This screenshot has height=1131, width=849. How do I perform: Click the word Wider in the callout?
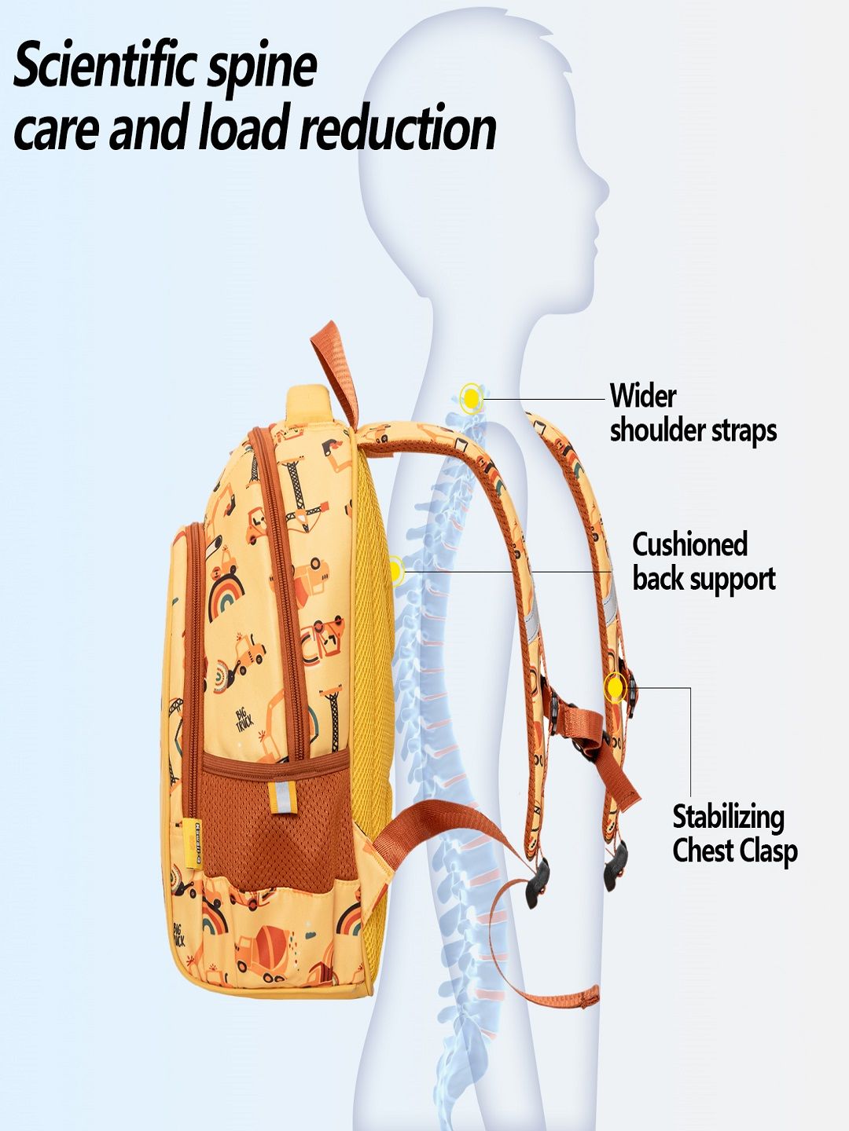(642, 395)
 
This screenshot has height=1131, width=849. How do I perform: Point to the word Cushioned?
(689, 544)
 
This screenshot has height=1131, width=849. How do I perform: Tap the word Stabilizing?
(728, 818)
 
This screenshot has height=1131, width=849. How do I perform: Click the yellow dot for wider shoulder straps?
(471, 399)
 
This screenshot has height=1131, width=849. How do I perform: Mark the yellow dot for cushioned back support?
(395, 569)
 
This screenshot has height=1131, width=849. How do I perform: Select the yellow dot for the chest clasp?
(615, 689)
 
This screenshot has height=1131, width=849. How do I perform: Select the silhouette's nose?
(606, 188)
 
